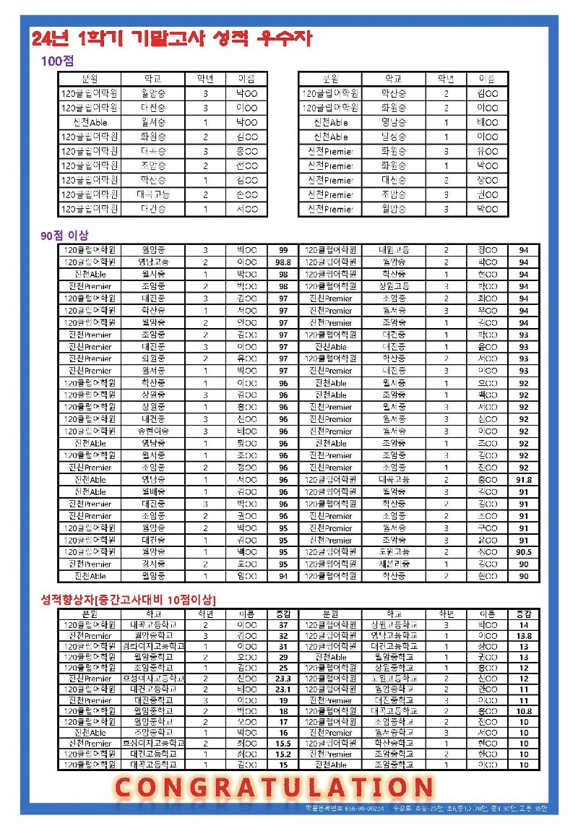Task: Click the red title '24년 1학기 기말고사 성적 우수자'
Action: click(x=172, y=39)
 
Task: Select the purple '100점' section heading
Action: click(x=53, y=62)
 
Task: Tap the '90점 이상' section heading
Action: click(x=64, y=236)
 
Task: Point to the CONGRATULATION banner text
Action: click(x=275, y=788)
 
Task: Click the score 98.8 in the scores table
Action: click(x=283, y=262)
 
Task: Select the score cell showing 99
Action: click(x=283, y=250)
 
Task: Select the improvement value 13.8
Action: click(x=524, y=636)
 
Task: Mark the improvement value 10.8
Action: click(x=524, y=711)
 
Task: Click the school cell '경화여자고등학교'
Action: click(x=152, y=646)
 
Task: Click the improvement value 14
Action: click(x=524, y=625)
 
